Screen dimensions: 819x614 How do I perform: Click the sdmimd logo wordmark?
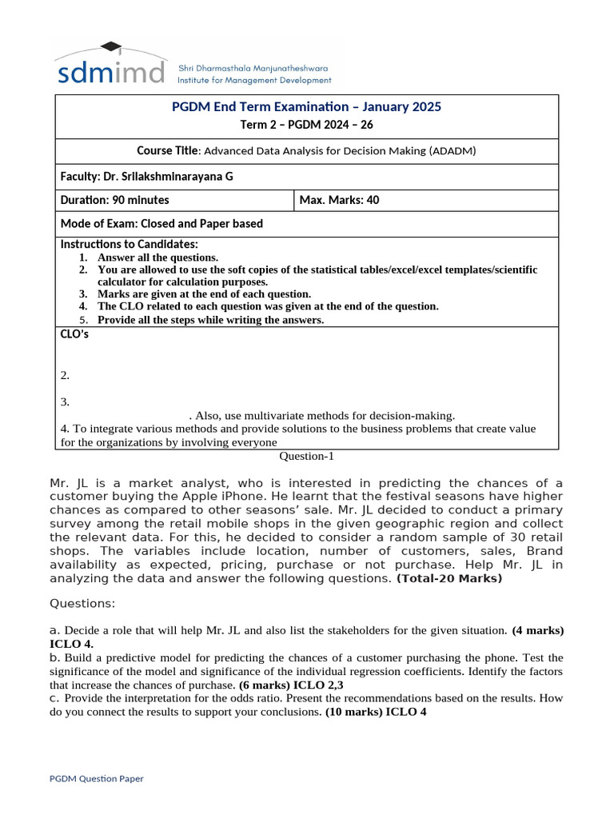pos(111,72)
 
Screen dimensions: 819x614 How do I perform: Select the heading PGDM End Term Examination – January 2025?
pos(306,107)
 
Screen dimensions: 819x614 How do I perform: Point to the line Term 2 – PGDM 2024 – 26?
pos(306,125)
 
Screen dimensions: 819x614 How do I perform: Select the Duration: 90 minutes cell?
pos(115,200)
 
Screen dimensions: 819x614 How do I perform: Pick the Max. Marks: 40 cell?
pos(339,200)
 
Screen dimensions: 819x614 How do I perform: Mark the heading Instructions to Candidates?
pos(129,244)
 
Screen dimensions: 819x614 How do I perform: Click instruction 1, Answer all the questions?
pos(157,258)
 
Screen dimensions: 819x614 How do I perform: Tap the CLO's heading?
pos(74,334)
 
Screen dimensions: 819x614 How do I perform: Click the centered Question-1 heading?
pos(306,457)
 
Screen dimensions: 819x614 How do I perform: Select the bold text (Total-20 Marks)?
pos(449,578)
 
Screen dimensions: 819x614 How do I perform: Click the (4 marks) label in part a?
pos(537,630)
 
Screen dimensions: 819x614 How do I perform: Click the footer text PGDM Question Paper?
pos(97,778)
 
